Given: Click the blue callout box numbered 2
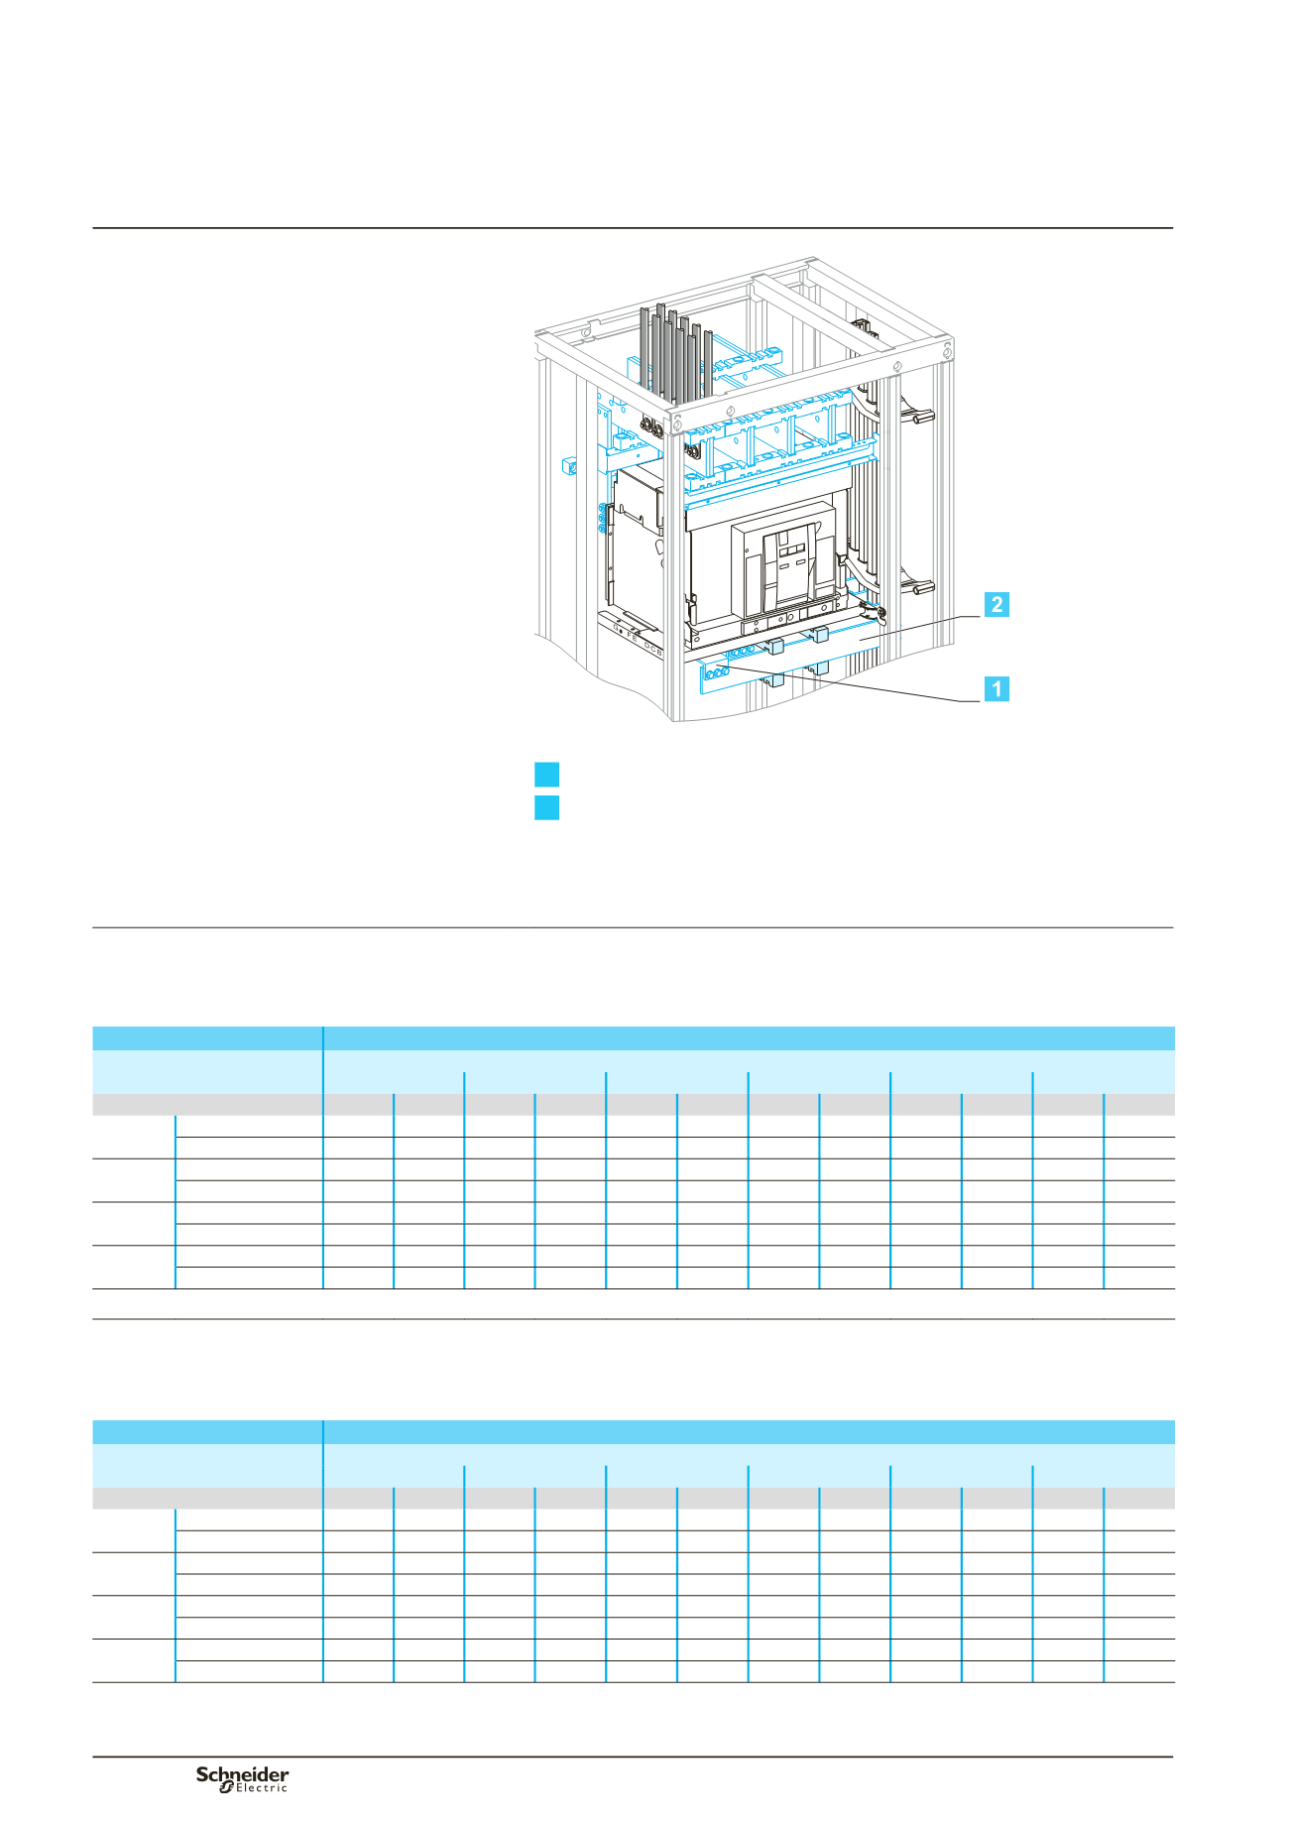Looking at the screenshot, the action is coord(996,604).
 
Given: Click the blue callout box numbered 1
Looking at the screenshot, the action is coord(996,688).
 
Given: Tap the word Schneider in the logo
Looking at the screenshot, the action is coord(243,1774).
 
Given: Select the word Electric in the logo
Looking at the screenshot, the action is coord(262,1788).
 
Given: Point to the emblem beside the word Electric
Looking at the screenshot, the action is coord(226,1787).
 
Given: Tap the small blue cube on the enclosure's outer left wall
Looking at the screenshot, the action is coord(569,465).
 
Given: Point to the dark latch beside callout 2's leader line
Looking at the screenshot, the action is coord(874,614).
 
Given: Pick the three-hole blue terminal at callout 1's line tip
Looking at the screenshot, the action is coord(718,671).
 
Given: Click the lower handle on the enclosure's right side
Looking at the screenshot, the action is coord(918,588).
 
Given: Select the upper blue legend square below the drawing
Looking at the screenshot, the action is coord(546,775).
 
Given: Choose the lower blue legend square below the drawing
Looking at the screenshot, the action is coord(546,807).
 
